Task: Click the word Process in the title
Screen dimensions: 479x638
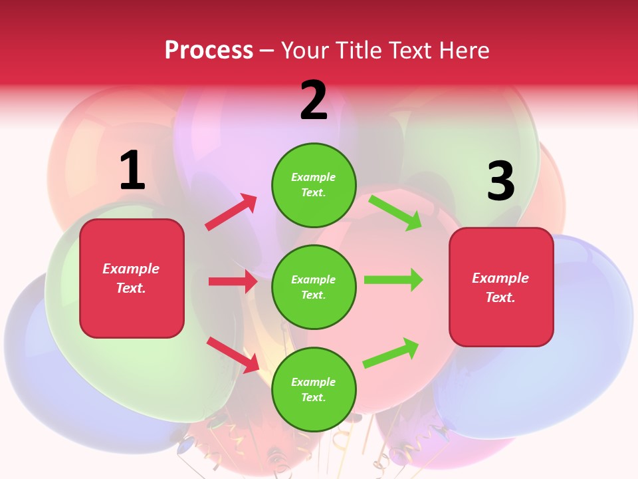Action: [209, 51]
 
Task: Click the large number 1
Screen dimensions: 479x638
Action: [132, 170]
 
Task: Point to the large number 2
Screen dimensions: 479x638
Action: [314, 100]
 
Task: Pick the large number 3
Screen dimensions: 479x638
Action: [500, 181]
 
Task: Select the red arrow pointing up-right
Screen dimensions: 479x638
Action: [231, 212]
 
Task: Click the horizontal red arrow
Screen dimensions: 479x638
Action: [233, 281]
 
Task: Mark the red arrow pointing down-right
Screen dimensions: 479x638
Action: [233, 355]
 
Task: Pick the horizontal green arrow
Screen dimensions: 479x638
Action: [393, 280]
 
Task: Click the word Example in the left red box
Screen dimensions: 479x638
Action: [131, 269]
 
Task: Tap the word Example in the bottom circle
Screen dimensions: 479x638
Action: [314, 382]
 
